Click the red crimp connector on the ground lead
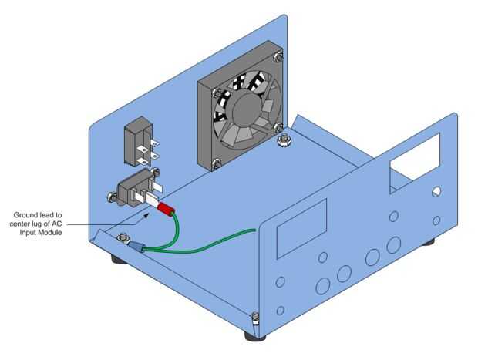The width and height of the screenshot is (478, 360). point(166,209)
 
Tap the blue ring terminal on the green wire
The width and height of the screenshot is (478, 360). point(136,247)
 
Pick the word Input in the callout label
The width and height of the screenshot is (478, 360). point(28,233)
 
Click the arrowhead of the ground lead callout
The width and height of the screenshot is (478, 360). point(146,215)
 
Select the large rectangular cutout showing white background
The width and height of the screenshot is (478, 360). point(416,162)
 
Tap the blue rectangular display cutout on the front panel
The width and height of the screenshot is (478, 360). point(301,229)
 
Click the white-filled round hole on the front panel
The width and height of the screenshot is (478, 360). point(436,191)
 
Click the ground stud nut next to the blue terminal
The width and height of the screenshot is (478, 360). point(123,237)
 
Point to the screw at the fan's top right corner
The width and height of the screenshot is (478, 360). point(278,56)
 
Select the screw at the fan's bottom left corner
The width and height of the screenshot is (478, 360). point(217,163)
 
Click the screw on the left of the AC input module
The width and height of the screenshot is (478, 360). point(112,197)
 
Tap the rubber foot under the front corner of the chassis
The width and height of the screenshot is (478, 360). point(255,336)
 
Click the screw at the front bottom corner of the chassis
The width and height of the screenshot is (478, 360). point(255,319)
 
